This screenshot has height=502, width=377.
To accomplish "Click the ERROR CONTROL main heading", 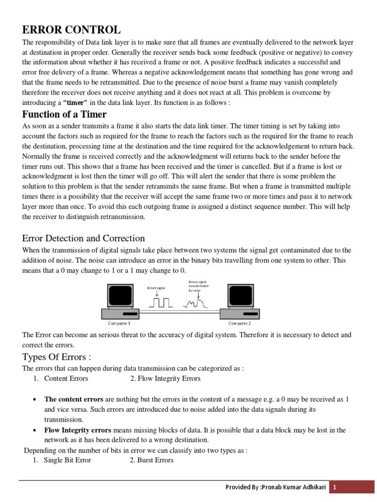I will pyautogui.click(x=71, y=30).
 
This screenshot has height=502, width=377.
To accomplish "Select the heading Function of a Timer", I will pyautogui.click(x=64, y=114).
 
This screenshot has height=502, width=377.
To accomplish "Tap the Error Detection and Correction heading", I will pyautogui.click(x=83, y=238).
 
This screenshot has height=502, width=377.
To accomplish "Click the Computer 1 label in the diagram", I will pyautogui.click(x=119, y=324).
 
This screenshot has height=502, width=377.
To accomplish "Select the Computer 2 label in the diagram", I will pyautogui.click(x=240, y=324).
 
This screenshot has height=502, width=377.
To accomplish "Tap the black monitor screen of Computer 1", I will pyautogui.click(x=119, y=296).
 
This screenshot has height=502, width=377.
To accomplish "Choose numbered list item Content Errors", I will pyautogui.click(x=66, y=378).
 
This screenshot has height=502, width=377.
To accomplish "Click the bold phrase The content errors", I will pyautogui.click(x=74, y=400).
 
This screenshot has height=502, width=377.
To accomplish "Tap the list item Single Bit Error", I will pyautogui.click(x=67, y=460).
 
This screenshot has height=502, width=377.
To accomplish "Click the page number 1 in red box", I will pyautogui.click(x=334, y=487).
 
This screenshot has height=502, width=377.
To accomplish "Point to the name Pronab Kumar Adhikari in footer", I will pyautogui.click(x=296, y=487).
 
